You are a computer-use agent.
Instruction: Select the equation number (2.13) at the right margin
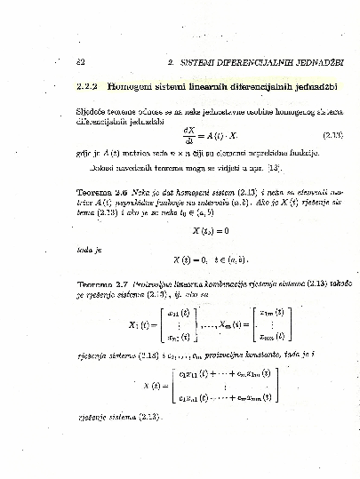coord(332,135)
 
